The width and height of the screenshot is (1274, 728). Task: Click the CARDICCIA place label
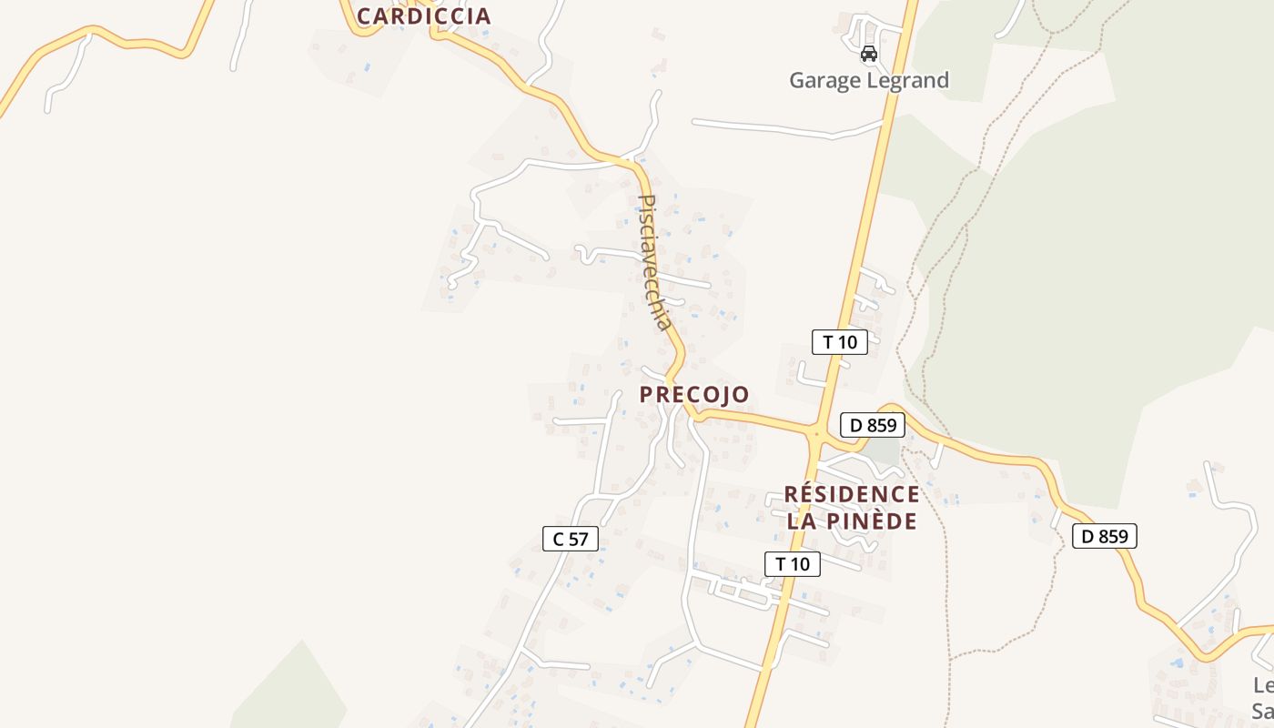423,15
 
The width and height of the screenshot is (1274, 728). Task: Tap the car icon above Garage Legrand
869,54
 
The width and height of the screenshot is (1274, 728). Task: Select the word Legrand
907,80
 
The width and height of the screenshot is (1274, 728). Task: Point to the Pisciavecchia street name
655,262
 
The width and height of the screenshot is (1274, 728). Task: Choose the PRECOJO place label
694,394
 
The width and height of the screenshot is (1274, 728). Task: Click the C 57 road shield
571,539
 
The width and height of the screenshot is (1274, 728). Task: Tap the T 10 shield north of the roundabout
839,342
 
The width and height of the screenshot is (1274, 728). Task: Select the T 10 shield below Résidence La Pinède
792,564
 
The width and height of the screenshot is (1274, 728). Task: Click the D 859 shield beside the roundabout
872,424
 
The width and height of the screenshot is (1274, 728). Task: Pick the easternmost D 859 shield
1104,536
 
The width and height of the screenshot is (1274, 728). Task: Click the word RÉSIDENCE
852,494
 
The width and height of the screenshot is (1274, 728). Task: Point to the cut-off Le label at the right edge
1263,685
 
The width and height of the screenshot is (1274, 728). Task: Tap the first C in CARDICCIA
365,15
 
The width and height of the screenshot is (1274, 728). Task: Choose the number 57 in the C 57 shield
579,539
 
